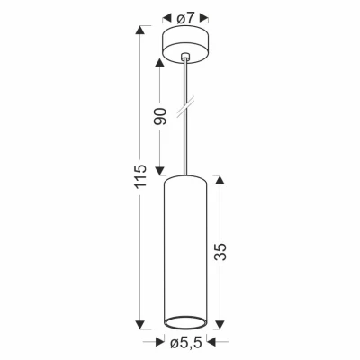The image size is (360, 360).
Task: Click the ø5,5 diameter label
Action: (x=186, y=344)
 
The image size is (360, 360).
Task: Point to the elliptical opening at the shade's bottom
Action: (x=186, y=321)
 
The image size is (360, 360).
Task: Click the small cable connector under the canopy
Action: (x=186, y=58)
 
